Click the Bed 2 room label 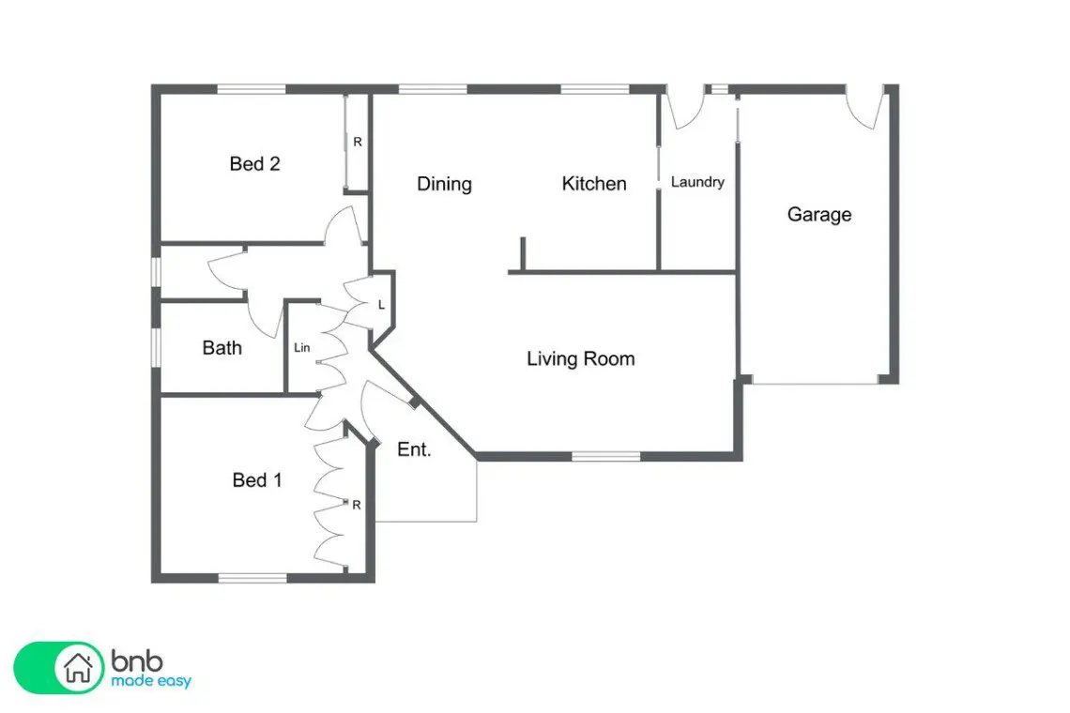[x=254, y=164]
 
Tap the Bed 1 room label [x=256, y=480]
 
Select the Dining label [x=444, y=184]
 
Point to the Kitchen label [x=594, y=184]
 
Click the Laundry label [x=697, y=182]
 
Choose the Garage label [x=818, y=215]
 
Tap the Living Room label [x=581, y=359]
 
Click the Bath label [x=222, y=348]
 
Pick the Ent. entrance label [x=414, y=449]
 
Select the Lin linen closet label [x=301, y=348]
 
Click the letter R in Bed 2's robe [x=357, y=142]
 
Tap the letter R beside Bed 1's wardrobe [x=357, y=506]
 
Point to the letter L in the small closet [x=381, y=305]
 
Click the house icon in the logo [x=78, y=667]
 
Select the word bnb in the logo [x=137, y=660]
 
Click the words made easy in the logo [x=151, y=681]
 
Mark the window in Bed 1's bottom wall [x=252, y=579]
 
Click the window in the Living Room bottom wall [x=606, y=457]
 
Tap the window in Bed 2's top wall [x=252, y=89]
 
